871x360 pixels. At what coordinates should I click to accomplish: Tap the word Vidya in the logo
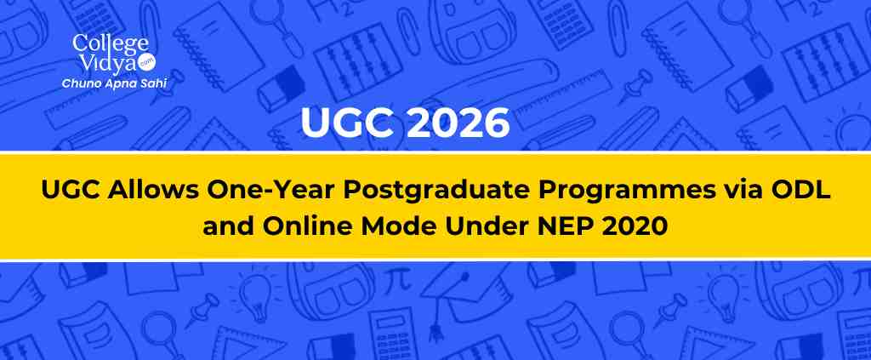coord(105,64)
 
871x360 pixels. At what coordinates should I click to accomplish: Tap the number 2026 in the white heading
coord(458,123)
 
